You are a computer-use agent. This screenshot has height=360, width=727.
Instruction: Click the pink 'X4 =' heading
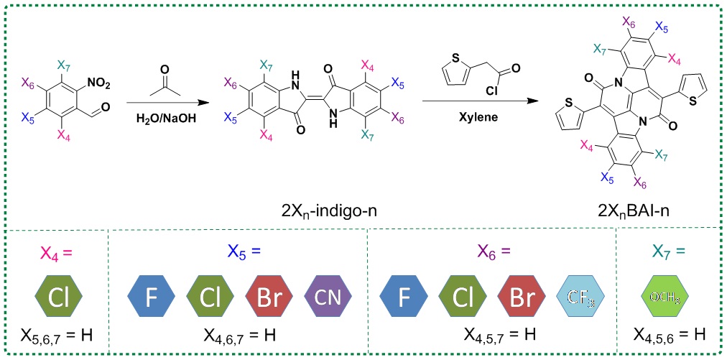(57, 252)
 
